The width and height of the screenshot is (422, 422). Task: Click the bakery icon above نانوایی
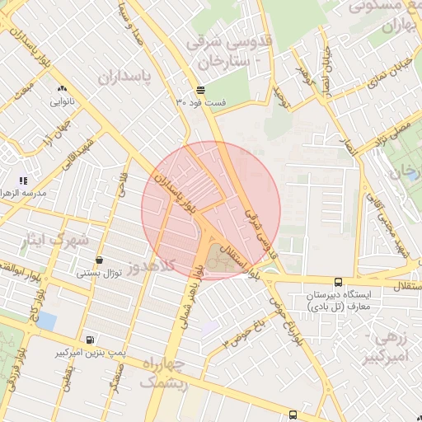tap(62, 88)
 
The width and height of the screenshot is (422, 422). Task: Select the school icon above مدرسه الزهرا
tap(24, 180)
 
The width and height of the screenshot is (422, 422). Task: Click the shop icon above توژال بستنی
tap(100, 260)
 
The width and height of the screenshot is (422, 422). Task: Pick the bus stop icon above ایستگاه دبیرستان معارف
tap(339, 282)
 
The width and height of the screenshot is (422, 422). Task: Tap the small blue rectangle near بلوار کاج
tap(47, 321)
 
